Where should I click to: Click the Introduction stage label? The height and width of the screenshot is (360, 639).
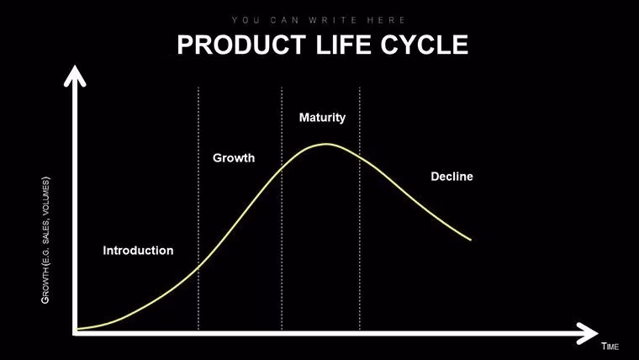(138, 251)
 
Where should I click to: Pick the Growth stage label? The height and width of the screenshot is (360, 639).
(234, 158)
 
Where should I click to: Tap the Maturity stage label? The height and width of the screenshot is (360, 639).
(322, 118)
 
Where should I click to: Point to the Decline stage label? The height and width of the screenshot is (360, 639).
(452, 177)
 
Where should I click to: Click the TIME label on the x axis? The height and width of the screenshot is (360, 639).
(610, 346)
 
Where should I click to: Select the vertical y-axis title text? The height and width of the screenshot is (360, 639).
(46, 240)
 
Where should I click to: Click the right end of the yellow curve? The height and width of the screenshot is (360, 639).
(470, 240)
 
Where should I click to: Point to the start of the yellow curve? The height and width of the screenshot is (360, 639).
(78, 329)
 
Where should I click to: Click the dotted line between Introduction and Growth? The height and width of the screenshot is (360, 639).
(198, 210)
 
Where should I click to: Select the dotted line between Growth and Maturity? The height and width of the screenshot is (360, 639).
(281, 210)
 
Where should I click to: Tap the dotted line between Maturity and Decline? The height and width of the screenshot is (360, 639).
(360, 210)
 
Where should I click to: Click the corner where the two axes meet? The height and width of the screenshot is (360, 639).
(76, 333)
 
